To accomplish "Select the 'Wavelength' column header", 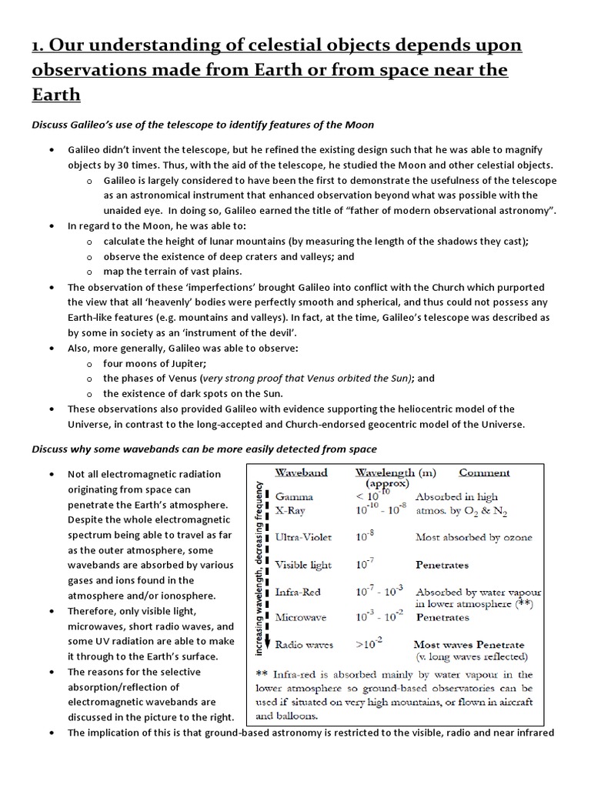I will [x=385, y=472].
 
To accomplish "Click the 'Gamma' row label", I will [x=292, y=497].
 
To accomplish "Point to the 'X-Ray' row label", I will [x=292, y=510].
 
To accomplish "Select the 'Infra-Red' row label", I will [x=298, y=593].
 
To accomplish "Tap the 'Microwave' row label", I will [x=301, y=617].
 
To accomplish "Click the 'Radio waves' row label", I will [x=305, y=644].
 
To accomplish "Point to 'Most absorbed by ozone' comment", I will [x=484, y=537].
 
